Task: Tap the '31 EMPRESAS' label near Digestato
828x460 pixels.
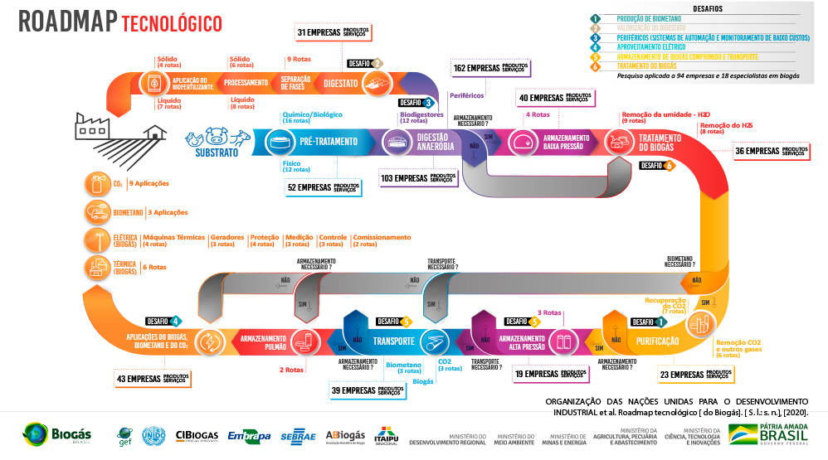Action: pyautogui.click(x=333, y=31)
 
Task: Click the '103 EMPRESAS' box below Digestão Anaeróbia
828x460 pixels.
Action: pyautogui.click(x=418, y=177)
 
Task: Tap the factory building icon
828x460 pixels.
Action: pyautogui.click(x=94, y=126)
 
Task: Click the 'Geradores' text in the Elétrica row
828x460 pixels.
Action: pyautogui.click(x=227, y=237)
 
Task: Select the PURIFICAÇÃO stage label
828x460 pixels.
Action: pyautogui.click(x=657, y=341)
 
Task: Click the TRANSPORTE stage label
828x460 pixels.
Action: pyautogui.click(x=393, y=341)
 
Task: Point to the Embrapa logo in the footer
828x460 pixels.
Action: pyautogui.click(x=249, y=436)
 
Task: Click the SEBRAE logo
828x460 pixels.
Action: pyautogui.click(x=298, y=436)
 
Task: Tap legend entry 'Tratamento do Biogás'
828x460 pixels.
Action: pyautogui.click(x=646, y=65)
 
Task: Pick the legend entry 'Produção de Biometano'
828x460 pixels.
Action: pyautogui.click(x=650, y=17)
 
